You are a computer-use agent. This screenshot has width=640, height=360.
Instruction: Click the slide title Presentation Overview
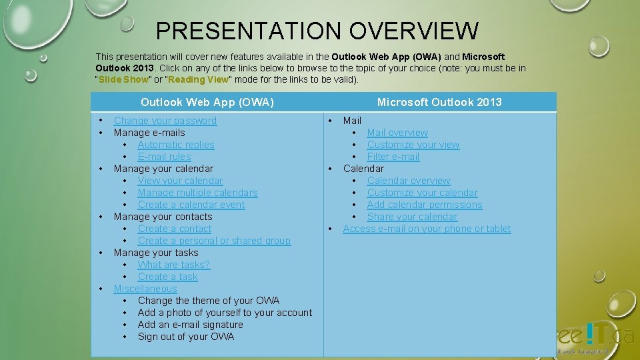tap(317, 31)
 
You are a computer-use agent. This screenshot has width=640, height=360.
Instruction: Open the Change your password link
tap(165, 121)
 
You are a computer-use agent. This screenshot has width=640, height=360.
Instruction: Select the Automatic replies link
tap(176, 145)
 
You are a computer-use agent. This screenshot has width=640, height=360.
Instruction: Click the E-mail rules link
tap(164, 157)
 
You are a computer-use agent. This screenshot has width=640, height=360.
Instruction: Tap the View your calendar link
tap(180, 181)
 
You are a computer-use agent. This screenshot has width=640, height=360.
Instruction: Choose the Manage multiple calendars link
tap(197, 193)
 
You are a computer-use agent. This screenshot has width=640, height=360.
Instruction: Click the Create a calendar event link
tap(191, 205)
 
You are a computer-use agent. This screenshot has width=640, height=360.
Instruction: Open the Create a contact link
tap(174, 229)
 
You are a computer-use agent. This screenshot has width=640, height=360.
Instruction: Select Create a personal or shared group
tap(214, 241)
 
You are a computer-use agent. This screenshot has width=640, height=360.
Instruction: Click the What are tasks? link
tap(173, 265)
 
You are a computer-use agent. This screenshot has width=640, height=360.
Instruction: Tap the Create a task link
tap(167, 277)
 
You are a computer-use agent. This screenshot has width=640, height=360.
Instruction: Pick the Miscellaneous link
tap(145, 289)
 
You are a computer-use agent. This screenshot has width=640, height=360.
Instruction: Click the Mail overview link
tap(397, 133)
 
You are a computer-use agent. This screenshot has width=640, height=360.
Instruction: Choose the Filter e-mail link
tap(393, 157)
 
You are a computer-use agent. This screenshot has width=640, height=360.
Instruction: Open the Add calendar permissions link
tap(425, 205)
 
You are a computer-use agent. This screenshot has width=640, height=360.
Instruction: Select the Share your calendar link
tap(412, 217)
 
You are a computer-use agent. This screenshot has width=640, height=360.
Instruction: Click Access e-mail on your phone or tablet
tap(427, 229)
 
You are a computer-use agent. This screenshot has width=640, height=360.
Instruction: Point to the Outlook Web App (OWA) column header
tap(207, 102)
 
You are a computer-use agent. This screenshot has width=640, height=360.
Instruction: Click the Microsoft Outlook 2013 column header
tap(439, 102)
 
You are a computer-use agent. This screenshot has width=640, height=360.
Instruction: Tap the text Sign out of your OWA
tap(186, 337)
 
